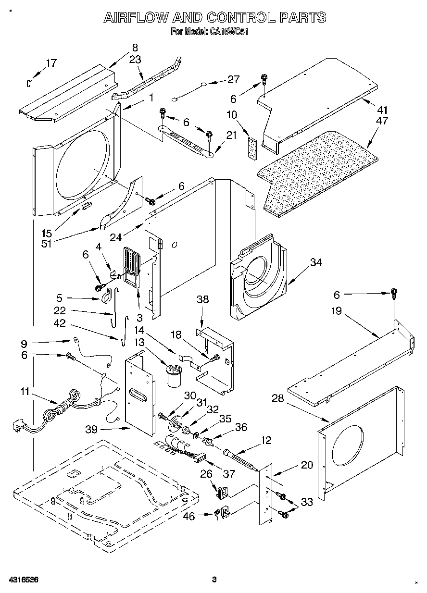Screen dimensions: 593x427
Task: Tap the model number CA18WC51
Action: tap(229, 32)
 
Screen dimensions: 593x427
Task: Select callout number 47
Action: tap(383, 121)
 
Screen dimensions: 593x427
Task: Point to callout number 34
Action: tap(316, 262)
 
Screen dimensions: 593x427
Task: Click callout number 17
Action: tap(51, 63)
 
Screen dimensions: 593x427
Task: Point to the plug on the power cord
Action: tap(19, 425)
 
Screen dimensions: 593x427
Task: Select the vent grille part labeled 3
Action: tap(130, 267)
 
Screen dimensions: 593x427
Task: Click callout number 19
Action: tap(336, 311)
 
